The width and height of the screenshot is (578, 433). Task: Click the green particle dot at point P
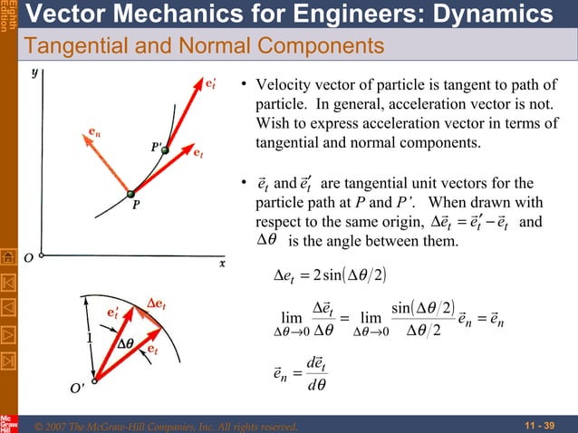pos(130,193)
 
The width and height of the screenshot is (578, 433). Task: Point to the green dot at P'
pos(165,150)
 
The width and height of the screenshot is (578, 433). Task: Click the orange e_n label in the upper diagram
pos(94,132)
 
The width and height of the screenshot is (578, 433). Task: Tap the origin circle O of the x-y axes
pos(43,255)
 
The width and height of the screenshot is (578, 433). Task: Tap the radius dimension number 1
pos(89,339)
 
